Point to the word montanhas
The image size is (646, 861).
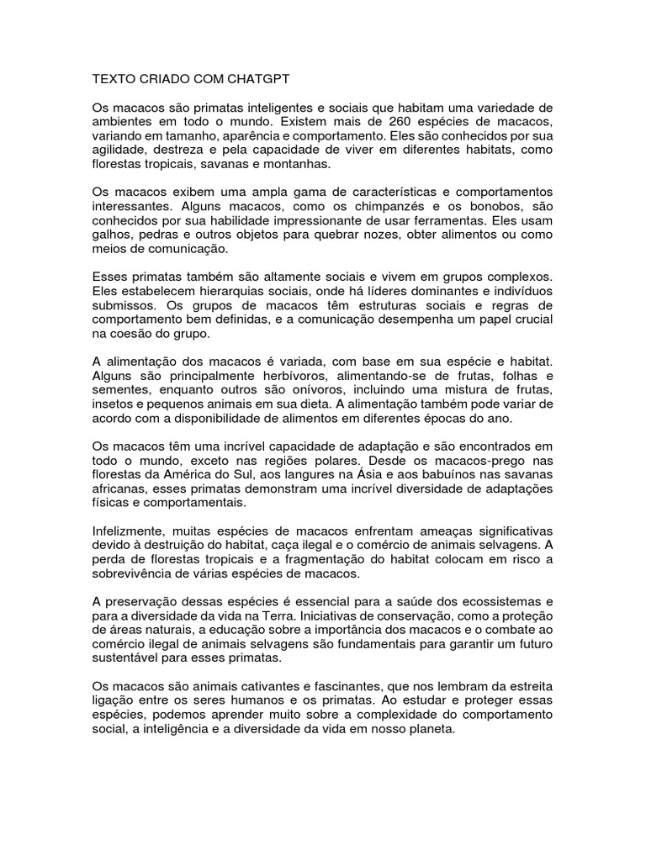click(x=299, y=164)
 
